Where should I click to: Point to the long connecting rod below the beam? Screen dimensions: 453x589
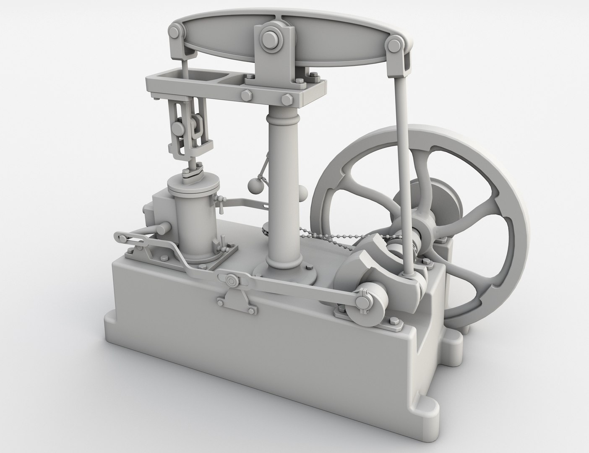point(402,168)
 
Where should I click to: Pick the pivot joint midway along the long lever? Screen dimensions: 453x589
point(230,280)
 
